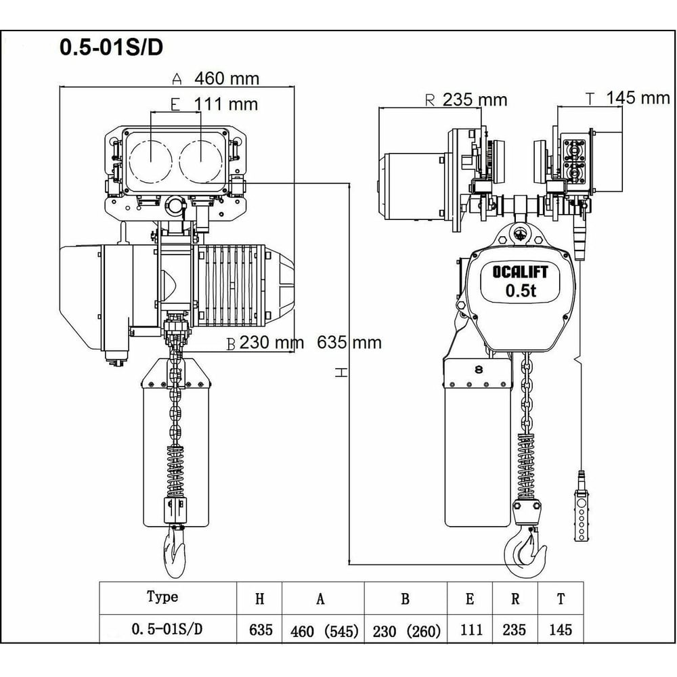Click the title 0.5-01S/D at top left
coord(111,47)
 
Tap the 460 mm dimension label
coord(226,79)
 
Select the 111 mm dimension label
coord(225,104)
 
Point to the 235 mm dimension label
coord(475,100)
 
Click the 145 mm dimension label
coord(637,97)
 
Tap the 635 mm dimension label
coord(349,343)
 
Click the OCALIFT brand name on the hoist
coord(520,272)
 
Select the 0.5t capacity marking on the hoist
coord(520,291)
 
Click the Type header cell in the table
coord(162,597)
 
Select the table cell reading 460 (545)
coord(323,631)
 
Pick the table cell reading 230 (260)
coord(406,631)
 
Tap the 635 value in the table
coord(260,630)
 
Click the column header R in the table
coord(515,598)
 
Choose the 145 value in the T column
coord(560,630)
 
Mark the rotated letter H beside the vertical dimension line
coord(342,372)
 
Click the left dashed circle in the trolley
coord(150,162)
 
